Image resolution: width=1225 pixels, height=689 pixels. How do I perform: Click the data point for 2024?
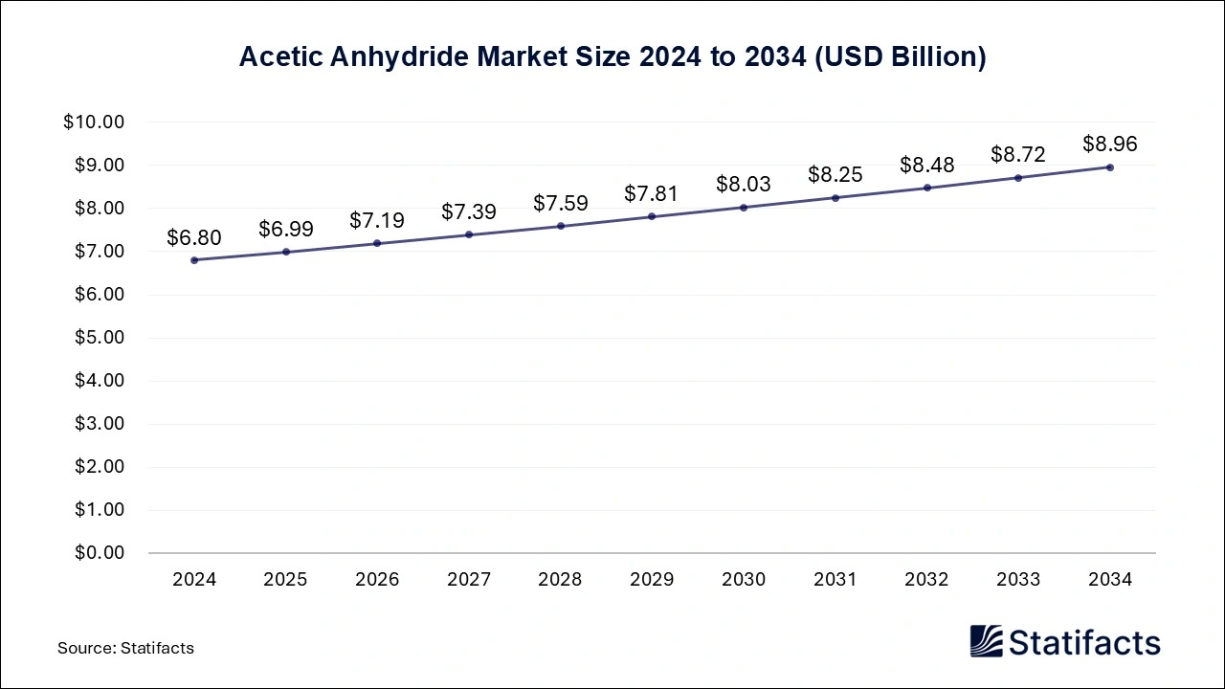(x=194, y=259)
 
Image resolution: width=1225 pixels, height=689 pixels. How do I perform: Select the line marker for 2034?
(x=1109, y=167)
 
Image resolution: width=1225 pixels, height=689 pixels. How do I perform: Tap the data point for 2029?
(x=652, y=216)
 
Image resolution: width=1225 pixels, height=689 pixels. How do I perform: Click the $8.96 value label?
(x=1109, y=144)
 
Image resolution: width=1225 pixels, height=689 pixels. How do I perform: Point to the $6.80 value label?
(x=194, y=236)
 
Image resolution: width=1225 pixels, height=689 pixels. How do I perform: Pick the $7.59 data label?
(x=561, y=203)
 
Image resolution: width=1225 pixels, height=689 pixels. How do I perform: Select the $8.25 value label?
(x=835, y=174)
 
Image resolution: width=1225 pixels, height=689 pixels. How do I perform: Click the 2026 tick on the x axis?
(x=377, y=579)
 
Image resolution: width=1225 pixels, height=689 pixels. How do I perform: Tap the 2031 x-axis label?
(x=835, y=579)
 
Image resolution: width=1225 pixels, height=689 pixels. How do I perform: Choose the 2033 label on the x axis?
(x=1018, y=579)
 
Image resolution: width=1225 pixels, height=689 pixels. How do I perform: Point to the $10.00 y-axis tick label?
(x=94, y=122)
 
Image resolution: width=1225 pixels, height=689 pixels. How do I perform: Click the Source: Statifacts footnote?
(x=125, y=648)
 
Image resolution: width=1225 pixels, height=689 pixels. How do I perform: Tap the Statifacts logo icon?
(x=986, y=641)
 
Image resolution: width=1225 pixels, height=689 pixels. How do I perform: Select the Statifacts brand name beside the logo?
(x=1085, y=642)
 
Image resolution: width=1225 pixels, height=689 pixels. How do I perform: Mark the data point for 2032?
(x=926, y=188)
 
